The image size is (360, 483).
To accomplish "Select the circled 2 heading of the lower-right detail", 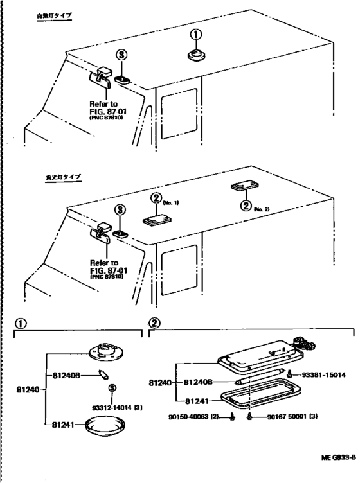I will (155, 324).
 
